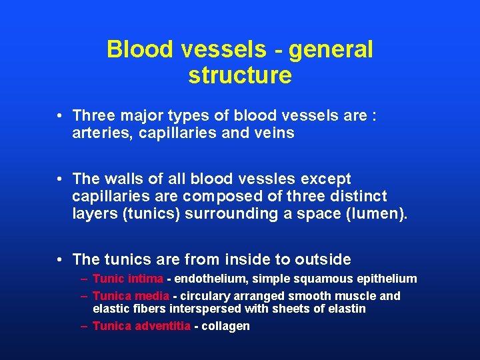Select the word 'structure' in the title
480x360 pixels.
tap(240, 75)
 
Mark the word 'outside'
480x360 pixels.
tap(319, 259)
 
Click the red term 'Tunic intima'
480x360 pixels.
tap(127, 279)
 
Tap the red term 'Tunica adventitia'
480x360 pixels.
tap(141, 326)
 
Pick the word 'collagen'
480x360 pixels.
tap(225, 326)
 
